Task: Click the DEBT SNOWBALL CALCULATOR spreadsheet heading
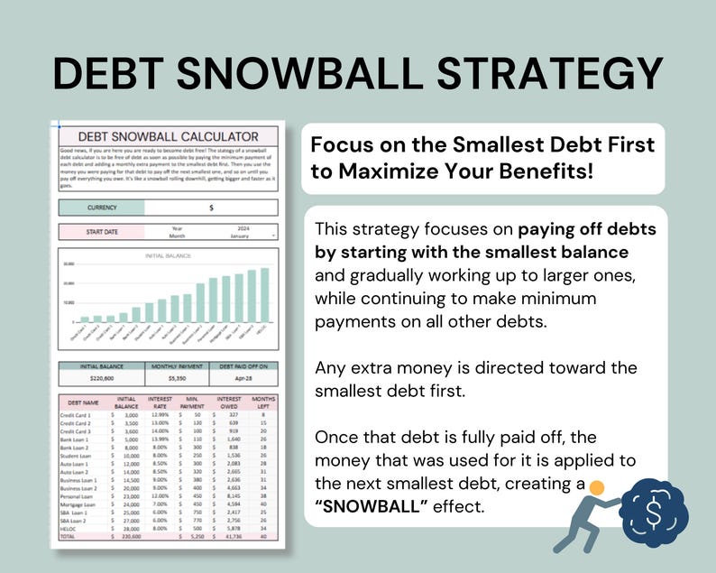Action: pos(167,135)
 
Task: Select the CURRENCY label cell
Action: pos(102,208)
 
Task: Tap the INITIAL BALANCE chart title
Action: pos(167,256)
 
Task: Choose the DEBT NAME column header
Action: pos(82,402)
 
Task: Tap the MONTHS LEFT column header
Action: pos(262,402)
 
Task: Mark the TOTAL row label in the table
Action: pos(68,536)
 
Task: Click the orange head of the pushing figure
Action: pos(596,488)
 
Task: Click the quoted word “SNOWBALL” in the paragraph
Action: pos(371,507)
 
